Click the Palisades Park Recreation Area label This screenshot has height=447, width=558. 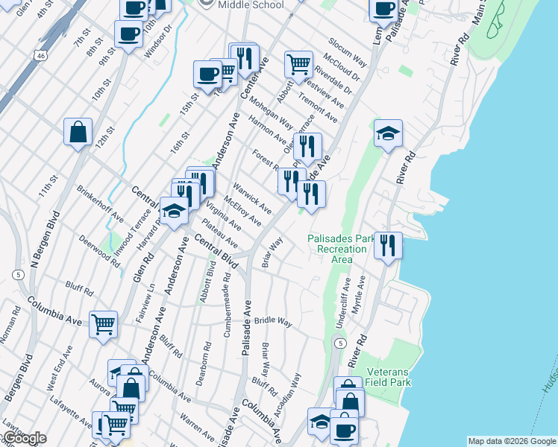(x=342, y=249)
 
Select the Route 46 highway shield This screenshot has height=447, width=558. (x=40, y=54)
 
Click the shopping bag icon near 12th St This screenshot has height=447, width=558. (x=78, y=133)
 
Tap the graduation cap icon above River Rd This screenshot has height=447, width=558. (x=388, y=134)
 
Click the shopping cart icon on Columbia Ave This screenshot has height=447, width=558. (x=104, y=324)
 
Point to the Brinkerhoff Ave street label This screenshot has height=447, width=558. (x=101, y=204)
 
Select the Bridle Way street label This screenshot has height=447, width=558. (x=272, y=320)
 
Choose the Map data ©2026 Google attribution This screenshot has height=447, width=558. (x=512, y=441)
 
